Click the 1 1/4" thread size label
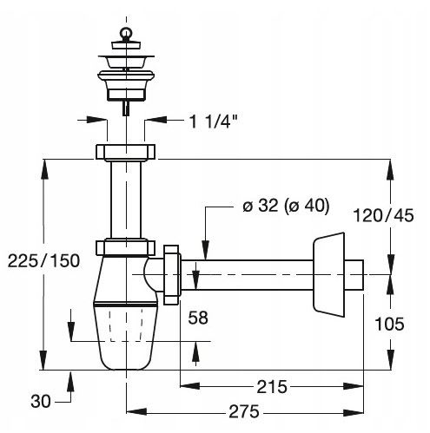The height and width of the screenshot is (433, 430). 213,121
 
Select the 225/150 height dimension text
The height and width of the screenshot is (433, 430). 43,260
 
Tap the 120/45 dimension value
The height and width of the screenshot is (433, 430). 383,215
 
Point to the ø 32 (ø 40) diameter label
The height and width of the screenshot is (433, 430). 286,206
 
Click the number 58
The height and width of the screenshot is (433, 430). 198,318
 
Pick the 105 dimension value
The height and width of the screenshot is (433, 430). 389,324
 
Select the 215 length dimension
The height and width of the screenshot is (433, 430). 272,386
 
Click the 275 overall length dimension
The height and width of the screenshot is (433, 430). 244,411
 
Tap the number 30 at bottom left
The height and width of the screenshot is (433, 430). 41,402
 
